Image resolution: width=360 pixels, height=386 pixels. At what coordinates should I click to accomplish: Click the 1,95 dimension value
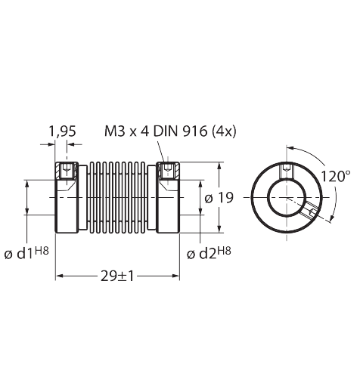click(x=62, y=131)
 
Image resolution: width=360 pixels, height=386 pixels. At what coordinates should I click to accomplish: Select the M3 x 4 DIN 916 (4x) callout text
click(x=170, y=131)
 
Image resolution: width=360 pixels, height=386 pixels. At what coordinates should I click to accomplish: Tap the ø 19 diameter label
click(x=219, y=198)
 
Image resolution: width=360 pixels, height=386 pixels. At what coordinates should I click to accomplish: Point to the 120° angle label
click(x=335, y=176)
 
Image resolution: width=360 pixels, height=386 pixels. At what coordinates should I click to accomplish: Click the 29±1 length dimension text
click(x=117, y=276)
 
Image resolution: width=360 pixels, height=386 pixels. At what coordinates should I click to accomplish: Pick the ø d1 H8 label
click(x=26, y=253)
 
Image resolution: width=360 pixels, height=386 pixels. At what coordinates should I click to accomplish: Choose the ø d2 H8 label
click(x=209, y=253)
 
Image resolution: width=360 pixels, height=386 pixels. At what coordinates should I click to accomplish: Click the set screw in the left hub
click(x=67, y=171)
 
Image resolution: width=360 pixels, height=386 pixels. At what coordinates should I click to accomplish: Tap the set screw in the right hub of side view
click(x=166, y=171)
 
